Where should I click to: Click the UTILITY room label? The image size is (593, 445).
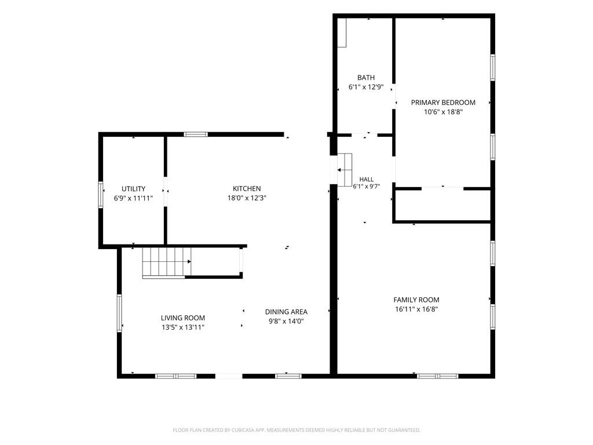point(133,189)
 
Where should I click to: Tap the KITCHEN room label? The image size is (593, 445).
point(247,188)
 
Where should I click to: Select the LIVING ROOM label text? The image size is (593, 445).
point(182,318)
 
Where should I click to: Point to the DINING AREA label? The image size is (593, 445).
point(286,312)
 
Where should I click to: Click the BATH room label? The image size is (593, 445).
point(366,78)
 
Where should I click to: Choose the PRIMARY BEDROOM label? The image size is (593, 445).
point(443,103)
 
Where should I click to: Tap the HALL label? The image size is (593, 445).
point(366,180)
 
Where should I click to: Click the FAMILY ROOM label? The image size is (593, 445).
point(416,300)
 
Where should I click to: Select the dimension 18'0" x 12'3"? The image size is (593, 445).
point(247,198)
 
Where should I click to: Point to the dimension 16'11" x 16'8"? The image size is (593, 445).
point(416,309)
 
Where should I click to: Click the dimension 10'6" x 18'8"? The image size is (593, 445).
point(443,112)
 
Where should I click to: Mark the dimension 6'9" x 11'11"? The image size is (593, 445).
point(133,198)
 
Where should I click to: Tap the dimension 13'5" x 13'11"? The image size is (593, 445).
point(182,327)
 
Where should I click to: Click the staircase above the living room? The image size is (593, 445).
point(167,262)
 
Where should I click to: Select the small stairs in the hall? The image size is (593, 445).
point(345,170)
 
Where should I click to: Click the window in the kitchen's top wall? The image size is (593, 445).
point(196,134)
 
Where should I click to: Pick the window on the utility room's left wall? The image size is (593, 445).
point(101,195)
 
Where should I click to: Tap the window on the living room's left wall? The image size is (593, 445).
point(119,313)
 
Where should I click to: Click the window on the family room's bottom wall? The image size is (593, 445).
point(438,376)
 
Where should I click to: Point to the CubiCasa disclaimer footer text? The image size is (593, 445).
point(296,431)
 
